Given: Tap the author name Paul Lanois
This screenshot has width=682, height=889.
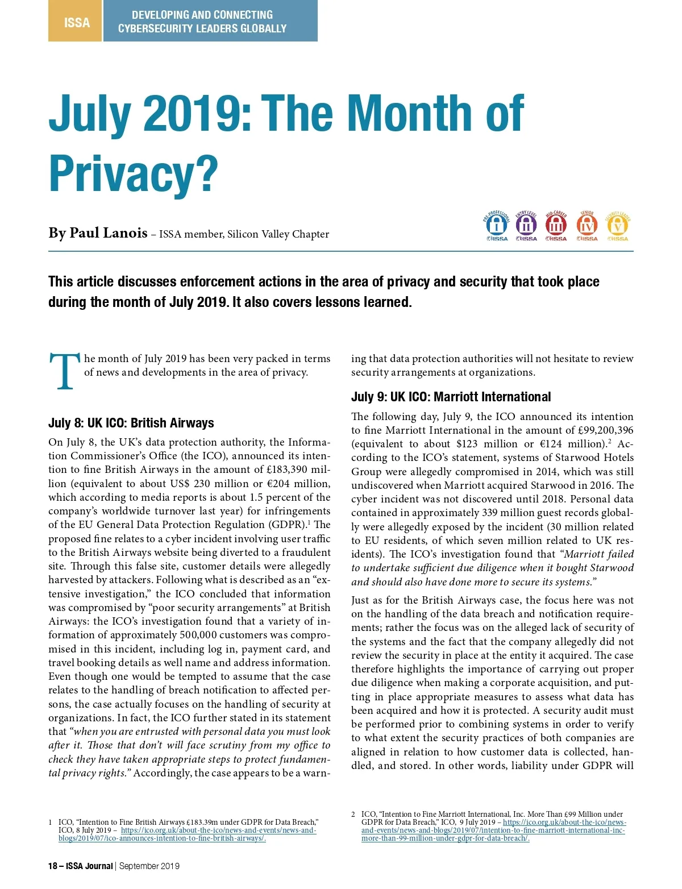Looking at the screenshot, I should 108,233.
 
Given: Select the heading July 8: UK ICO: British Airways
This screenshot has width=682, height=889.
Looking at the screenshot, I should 131,423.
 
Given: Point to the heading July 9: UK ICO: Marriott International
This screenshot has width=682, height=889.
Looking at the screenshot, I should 451,397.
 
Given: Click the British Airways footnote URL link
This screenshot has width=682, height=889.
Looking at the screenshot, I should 188,834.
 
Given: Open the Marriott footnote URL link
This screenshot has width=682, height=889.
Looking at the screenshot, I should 493,830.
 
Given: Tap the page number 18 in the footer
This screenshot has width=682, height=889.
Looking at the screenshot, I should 53,866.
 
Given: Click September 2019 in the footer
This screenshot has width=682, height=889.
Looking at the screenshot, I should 149,866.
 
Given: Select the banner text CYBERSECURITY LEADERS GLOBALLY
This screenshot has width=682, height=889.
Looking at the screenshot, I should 202,28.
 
